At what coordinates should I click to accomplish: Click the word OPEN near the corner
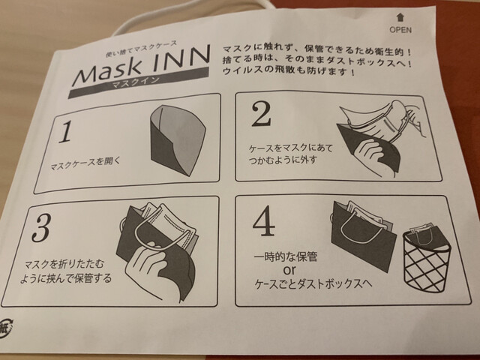tap(400, 30)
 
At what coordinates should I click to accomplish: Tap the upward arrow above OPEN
tap(400, 17)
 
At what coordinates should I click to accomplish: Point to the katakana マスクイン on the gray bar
tap(136, 82)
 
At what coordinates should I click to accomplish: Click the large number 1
tap(65, 132)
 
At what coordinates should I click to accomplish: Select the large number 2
tap(261, 114)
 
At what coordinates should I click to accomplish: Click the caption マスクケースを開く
tap(85, 164)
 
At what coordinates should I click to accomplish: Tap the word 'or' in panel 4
tap(289, 270)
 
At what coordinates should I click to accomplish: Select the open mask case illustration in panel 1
tap(178, 140)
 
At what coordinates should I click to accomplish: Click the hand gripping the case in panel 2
tap(371, 152)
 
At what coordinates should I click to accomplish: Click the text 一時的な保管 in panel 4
tap(286, 256)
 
